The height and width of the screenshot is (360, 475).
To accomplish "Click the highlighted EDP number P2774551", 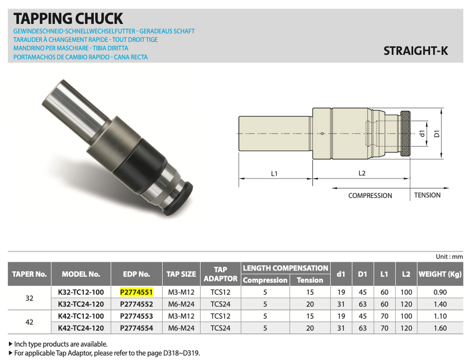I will pos(136,292).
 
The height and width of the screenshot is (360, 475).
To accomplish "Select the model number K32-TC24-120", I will pos(80,303).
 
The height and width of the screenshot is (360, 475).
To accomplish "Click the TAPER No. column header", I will pos(29,274).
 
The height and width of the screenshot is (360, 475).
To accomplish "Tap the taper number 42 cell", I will pos(29,322).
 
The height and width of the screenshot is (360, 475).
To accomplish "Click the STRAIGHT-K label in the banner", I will pos(416,51).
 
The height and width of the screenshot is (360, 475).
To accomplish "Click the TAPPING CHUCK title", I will pos(68,19).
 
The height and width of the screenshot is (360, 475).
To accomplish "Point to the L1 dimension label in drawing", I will pos(274,173).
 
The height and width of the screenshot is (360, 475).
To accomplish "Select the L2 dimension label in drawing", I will pos(361,173).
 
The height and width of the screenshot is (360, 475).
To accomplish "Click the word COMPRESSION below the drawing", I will pos(370,195).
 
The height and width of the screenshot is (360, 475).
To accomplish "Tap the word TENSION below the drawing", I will pos(427,195).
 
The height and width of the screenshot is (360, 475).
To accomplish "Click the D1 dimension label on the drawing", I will pos(436,134).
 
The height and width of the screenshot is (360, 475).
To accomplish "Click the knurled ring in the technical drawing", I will pos(406,134).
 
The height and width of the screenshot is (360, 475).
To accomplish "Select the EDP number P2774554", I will pos(136,328).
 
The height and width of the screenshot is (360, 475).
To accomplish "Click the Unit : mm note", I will pos(449,257).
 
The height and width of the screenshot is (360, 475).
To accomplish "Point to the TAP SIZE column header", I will pos(181,274).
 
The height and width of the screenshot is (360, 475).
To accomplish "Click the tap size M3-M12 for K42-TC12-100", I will pos(181,316).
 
